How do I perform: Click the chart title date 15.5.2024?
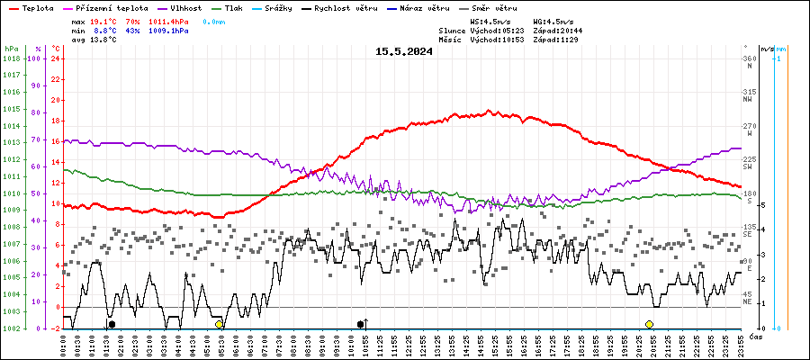pos(404,51)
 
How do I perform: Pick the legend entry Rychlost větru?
pos(346,7)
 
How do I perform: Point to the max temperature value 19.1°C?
pos(104,20)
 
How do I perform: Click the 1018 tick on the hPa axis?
pos(12,58)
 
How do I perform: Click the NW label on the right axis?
pos(747,100)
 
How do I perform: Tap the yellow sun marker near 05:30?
pos(219,324)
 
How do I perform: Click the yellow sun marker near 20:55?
pos(649,324)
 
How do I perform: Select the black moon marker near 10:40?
pos(361,324)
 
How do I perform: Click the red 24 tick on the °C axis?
pos(56,58)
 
